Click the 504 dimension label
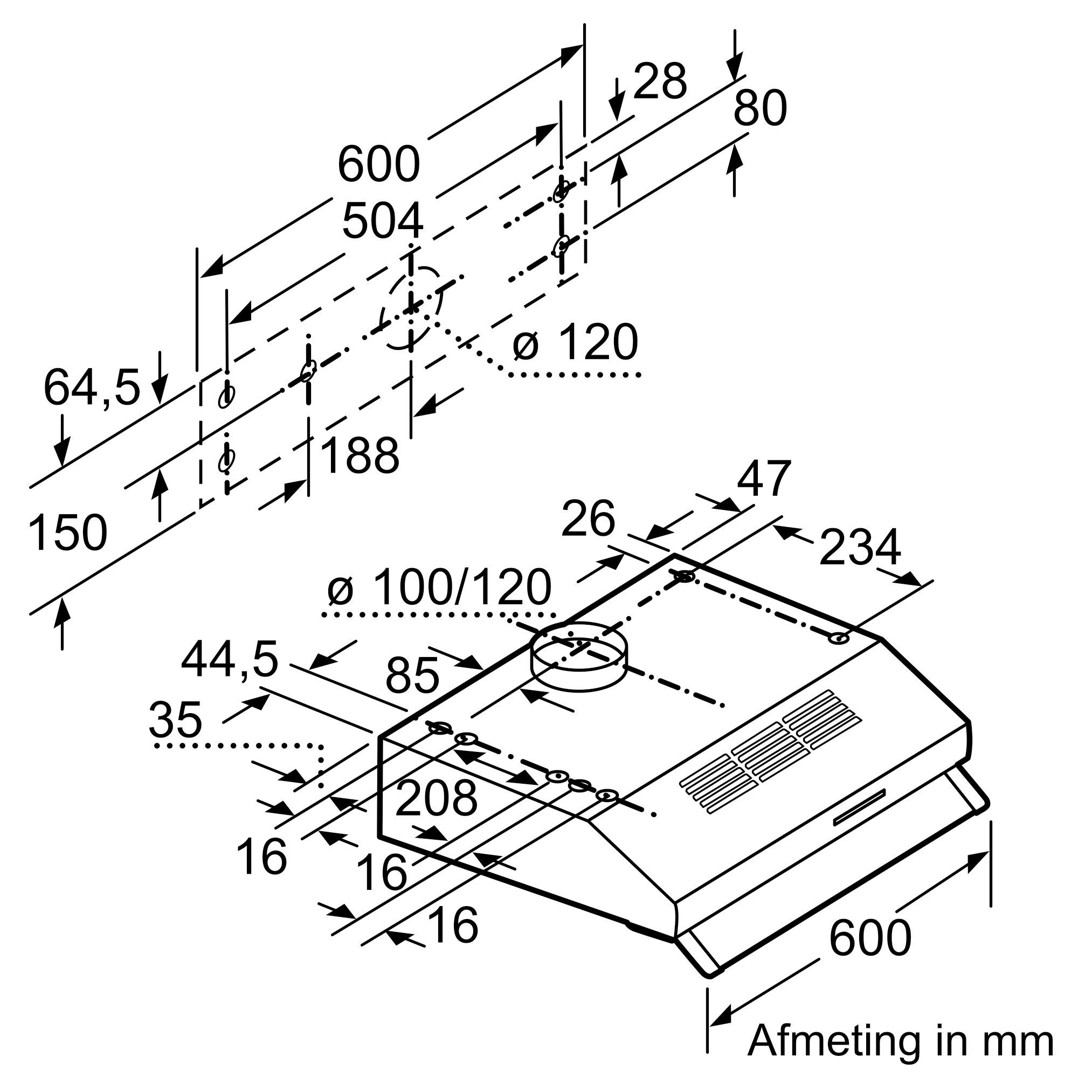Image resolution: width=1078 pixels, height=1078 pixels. point(383,222)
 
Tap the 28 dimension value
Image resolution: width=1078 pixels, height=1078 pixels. point(660,82)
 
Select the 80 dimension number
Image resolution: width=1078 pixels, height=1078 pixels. point(759,108)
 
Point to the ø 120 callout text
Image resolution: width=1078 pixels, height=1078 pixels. point(575,342)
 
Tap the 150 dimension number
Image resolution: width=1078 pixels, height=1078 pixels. point(67,534)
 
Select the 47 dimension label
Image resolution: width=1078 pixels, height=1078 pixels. point(764,479)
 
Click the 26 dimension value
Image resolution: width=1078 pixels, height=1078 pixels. point(588,519)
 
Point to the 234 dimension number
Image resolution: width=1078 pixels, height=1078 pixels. point(860,548)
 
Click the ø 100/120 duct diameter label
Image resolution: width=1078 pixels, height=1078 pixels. point(439,588)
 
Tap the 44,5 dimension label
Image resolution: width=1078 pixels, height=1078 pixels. point(229,660)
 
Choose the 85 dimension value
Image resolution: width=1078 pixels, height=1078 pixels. point(412,675)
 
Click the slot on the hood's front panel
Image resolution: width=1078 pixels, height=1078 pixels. point(859,816)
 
